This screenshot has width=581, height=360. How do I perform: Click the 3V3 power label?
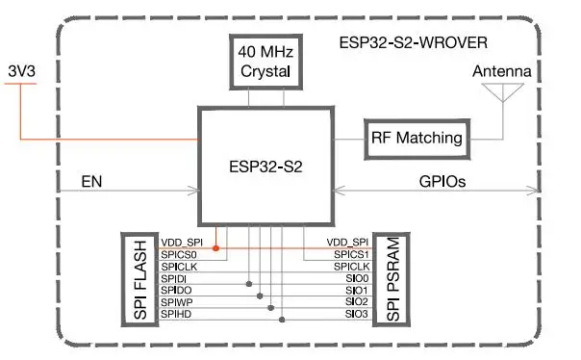click(x=22, y=71)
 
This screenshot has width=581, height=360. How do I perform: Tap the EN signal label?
click(x=90, y=180)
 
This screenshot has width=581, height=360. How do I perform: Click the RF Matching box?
click(x=417, y=137)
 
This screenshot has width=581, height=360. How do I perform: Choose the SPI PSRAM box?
click(x=392, y=278)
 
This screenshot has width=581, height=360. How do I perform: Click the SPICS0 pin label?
click(x=180, y=254)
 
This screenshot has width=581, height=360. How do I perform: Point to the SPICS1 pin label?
click(x=349, y=254)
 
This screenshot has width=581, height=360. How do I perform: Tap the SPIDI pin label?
click(x=175, y=278)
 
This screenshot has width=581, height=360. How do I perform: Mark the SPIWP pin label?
click(x=177, y=302)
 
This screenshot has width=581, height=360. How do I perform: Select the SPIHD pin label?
click(x=177, y=314)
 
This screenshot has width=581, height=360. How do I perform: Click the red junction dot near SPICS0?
click(x=215, y=248)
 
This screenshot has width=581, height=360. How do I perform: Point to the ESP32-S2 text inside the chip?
click(x=266, y=166)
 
